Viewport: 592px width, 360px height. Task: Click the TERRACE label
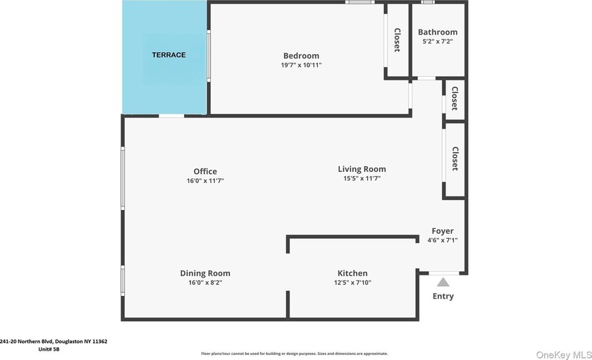[168, 55]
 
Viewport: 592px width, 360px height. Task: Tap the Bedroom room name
[302, 56]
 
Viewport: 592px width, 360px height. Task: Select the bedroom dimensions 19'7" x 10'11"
[302, 65]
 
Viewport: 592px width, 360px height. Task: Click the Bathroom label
[438, 32]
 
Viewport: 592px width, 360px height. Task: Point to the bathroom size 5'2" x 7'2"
[438, 41]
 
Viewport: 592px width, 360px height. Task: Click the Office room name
[205, 171]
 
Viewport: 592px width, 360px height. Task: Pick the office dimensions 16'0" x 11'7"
[205, 180]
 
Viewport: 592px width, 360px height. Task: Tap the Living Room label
[362, 169]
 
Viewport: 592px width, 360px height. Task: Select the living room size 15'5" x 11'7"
[362, 178]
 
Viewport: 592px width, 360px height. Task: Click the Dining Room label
[205, 273]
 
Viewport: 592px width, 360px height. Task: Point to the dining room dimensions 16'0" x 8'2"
[205, 283]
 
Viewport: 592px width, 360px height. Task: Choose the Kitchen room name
[352, 273]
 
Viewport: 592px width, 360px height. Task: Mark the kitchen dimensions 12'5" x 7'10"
[352, 283]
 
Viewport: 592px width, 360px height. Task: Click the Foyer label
[443, 231]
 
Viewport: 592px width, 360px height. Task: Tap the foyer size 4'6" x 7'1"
[443, 240]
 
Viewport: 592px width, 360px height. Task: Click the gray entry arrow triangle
[443, 283]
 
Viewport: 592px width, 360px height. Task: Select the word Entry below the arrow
[443, 296]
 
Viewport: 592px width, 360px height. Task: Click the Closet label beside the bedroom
[397, 40]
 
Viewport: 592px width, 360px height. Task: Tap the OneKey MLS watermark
[564, 355]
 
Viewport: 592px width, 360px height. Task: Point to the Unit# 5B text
[49, 349]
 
